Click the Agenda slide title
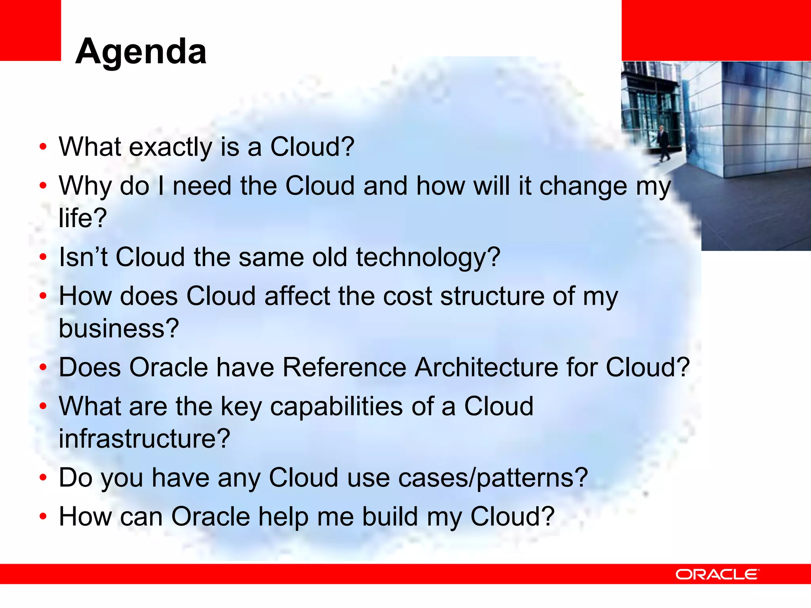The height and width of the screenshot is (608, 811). click(x=141, y=51)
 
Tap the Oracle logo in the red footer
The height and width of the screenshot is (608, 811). click(x=717, y=574)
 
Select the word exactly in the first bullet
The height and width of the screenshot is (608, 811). click(x=171, y=147)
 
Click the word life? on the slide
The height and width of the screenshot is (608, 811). click(x=83, y=218)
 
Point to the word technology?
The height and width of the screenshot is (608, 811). click(x=428, y=257)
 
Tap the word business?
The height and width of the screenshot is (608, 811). click(x=119, y=329)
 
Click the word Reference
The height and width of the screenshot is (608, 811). click(x=345, y=367)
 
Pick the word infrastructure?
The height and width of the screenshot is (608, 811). click(x=145, y=439)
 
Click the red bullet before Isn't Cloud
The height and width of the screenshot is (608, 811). click(x=43, y=257)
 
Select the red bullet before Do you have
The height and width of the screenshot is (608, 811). click(x=43, y=478)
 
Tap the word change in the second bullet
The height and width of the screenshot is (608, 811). click(x=583, y=186)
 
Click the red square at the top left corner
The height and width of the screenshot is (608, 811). click(x=30, y=30)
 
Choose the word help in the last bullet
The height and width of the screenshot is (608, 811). click(x=283, y=517)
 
